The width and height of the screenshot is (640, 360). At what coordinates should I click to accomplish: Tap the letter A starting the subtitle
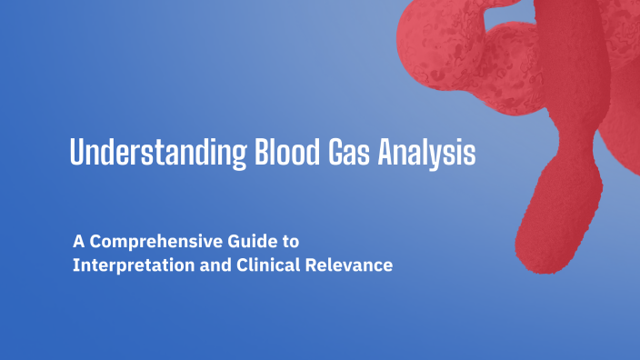[79, 243]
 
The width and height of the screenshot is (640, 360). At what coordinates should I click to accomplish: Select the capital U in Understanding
[78, 152]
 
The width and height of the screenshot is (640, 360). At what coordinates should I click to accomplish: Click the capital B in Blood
[240, 152]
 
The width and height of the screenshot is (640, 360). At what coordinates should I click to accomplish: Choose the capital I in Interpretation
[76, 267]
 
